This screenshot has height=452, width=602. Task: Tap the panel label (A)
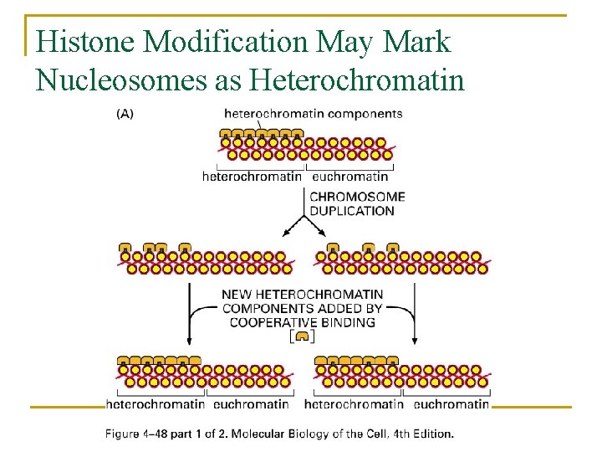124,114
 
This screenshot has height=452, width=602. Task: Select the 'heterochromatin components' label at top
314,114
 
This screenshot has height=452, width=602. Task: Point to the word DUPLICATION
352,211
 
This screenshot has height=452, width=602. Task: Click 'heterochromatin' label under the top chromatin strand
253,177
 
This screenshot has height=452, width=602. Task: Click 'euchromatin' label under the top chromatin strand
350,177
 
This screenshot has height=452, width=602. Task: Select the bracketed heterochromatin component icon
302,336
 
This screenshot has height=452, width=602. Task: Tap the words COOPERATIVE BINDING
302,322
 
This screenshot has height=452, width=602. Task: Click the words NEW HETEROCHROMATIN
302,295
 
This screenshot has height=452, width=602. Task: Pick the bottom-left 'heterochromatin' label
156,404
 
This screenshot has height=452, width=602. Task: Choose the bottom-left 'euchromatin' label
251,404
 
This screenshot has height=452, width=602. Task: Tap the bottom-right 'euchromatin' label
451,404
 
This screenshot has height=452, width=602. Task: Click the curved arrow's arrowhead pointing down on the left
189,341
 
